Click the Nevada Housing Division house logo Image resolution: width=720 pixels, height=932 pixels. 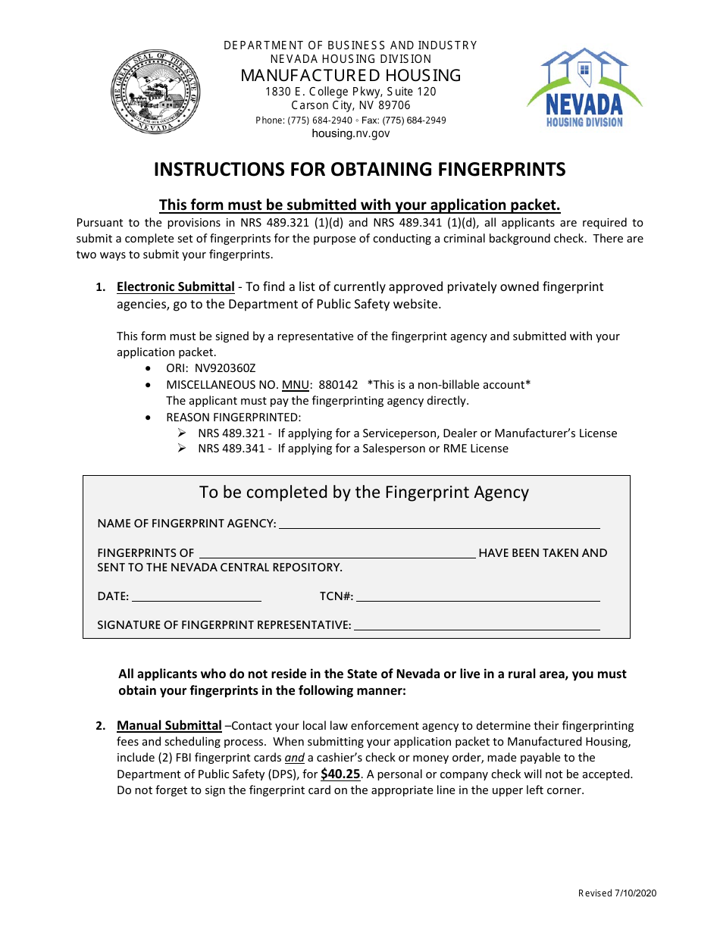(x=584, y=87)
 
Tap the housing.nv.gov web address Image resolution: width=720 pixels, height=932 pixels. (x=351, y=133)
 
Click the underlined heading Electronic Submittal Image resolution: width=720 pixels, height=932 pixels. (x=175, y=287)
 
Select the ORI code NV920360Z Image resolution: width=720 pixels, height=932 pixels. (x=225, y=368)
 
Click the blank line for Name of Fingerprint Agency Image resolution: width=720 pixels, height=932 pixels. (x=440, y=524)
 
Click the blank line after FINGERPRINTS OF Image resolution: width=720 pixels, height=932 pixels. (x=337, y=554)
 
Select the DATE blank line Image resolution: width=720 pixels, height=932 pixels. (x=197, y=597)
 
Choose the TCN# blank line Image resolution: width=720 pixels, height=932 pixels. (x=477, y=597)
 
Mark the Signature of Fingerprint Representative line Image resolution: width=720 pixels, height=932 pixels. (x=477, y=626)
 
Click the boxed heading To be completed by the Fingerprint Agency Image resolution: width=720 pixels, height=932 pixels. (x=364, y=493)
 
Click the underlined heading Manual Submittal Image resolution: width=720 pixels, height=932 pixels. (x=169, y=726)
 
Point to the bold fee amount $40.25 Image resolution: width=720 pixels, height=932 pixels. (x=340, y=774)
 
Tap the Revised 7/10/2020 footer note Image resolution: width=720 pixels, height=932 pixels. (x=617, y=893)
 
